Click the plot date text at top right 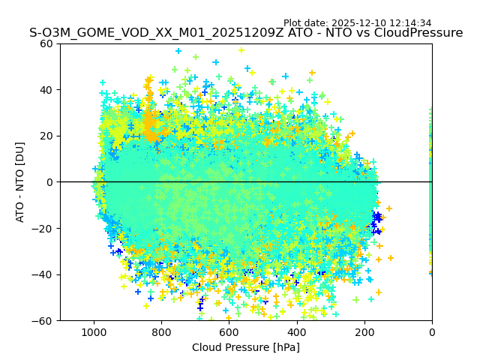point(367,23)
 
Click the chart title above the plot point(246,33)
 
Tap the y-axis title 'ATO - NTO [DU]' point(21,181)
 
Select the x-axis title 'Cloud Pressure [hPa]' point(246,347)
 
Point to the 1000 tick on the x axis point(94,331)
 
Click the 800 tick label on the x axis point(161,331)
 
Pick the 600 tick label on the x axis point(229,331)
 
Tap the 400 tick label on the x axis point(296,331)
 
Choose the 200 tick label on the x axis point(364,331)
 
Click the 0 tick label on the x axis point(431,331)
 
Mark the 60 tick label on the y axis point(47,43)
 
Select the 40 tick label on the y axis point(47,90)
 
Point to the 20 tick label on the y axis point(47,136)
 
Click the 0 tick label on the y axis point(50,182)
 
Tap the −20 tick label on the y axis point(44,228)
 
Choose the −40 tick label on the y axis point(44,274)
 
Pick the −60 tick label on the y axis point(44,320)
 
